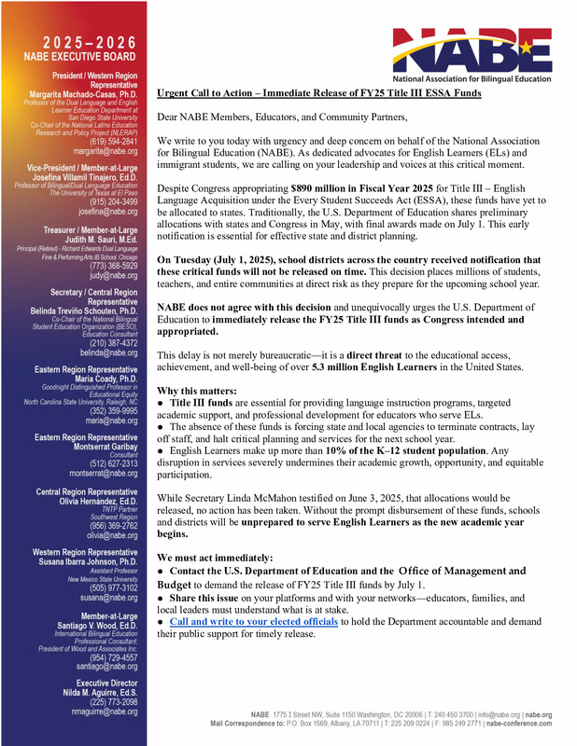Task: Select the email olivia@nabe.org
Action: [112, 536]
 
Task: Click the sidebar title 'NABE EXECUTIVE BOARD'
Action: [81, 58]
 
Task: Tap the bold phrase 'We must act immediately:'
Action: [215, 557]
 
